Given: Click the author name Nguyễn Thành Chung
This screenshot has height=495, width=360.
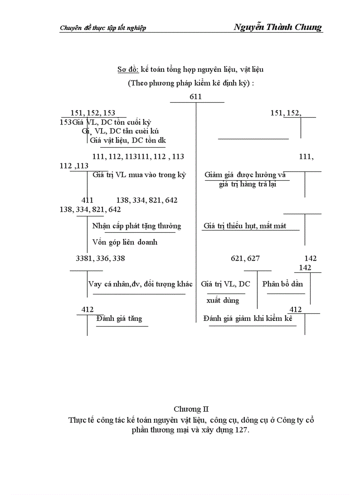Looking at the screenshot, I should [277, 27].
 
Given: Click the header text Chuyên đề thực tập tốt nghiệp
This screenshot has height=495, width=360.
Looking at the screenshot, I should [103, 28].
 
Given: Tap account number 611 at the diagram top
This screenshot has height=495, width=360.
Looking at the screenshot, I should [195, 97].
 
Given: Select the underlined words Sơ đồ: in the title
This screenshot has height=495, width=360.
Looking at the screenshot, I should [128, 69].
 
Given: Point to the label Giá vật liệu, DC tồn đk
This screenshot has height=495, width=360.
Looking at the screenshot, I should [127, 140].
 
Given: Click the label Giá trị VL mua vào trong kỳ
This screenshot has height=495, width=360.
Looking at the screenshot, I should [139, 175].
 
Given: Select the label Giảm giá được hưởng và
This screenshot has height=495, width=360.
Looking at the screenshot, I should [245, 175].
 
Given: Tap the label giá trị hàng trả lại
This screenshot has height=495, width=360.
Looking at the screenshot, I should [247, 184].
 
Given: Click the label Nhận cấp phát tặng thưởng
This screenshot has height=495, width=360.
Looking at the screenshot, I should [137, 226].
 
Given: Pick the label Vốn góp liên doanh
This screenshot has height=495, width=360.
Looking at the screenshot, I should [125, 242].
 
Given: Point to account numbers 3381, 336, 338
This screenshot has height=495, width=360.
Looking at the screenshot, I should [101, 258].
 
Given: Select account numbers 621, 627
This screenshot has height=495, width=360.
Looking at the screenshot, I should [245, 258].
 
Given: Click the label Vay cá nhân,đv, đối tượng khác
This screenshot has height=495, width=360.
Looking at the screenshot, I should [140, 284].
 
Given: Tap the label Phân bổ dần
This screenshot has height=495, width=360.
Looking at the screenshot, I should [282, 284].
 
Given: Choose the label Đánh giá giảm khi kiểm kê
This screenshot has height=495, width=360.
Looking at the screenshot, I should [248, 318].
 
